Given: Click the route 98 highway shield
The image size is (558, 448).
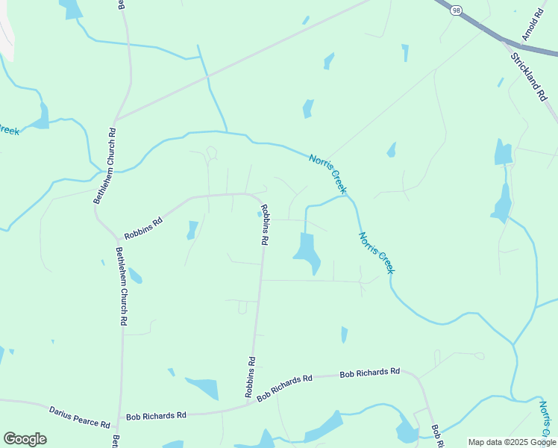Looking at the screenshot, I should [x=455, y=9].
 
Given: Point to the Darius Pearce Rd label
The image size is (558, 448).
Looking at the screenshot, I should [x=80, y=417].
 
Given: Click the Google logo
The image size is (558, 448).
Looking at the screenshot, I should [x=25, y=439].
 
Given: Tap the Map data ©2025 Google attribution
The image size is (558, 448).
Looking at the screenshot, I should [x=512, y=442].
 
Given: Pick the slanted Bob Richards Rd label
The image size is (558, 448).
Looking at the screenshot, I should [x=284, y=389].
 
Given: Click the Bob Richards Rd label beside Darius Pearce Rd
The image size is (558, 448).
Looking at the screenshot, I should [x=156, y=416].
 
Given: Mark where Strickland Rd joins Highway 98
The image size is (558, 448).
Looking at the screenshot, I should [x=508, y=43].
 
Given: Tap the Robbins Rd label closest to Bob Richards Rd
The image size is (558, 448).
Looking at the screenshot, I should [x=251, y=376].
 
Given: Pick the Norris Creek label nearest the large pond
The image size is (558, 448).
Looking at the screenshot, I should [x=375, y=252].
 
